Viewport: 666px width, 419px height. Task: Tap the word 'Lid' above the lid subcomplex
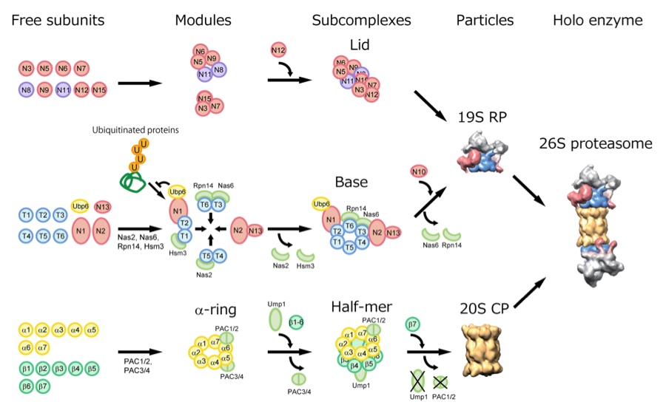[x=359, y=46]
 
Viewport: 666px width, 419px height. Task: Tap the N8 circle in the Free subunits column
[x=27, y=90]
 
